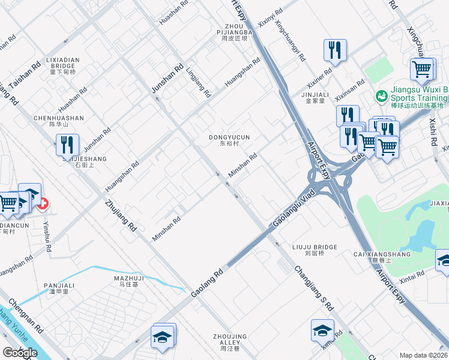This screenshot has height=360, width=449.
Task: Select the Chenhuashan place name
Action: click(x=59, y=121)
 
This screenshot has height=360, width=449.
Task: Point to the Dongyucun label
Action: click(x=229, y=140)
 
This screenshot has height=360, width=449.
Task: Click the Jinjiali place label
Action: click(x=315, y=98)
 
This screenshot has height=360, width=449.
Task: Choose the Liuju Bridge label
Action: click(x=315, y=250)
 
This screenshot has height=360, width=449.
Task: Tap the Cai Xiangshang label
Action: click(x=382, y=257)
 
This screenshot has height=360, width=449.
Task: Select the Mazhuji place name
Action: click(x=129, y=281)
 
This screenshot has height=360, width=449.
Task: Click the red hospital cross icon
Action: click(x=43, y=205)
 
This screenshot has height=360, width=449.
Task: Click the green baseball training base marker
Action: click(x=381, y=95)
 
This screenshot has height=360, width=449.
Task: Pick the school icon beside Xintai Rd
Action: click(x=443, y=260)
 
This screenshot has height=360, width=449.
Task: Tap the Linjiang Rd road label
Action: click(x=199, y=82)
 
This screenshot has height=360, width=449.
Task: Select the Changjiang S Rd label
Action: click(x=313, y=287)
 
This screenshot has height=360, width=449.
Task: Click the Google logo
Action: click(x=20, y=353)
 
